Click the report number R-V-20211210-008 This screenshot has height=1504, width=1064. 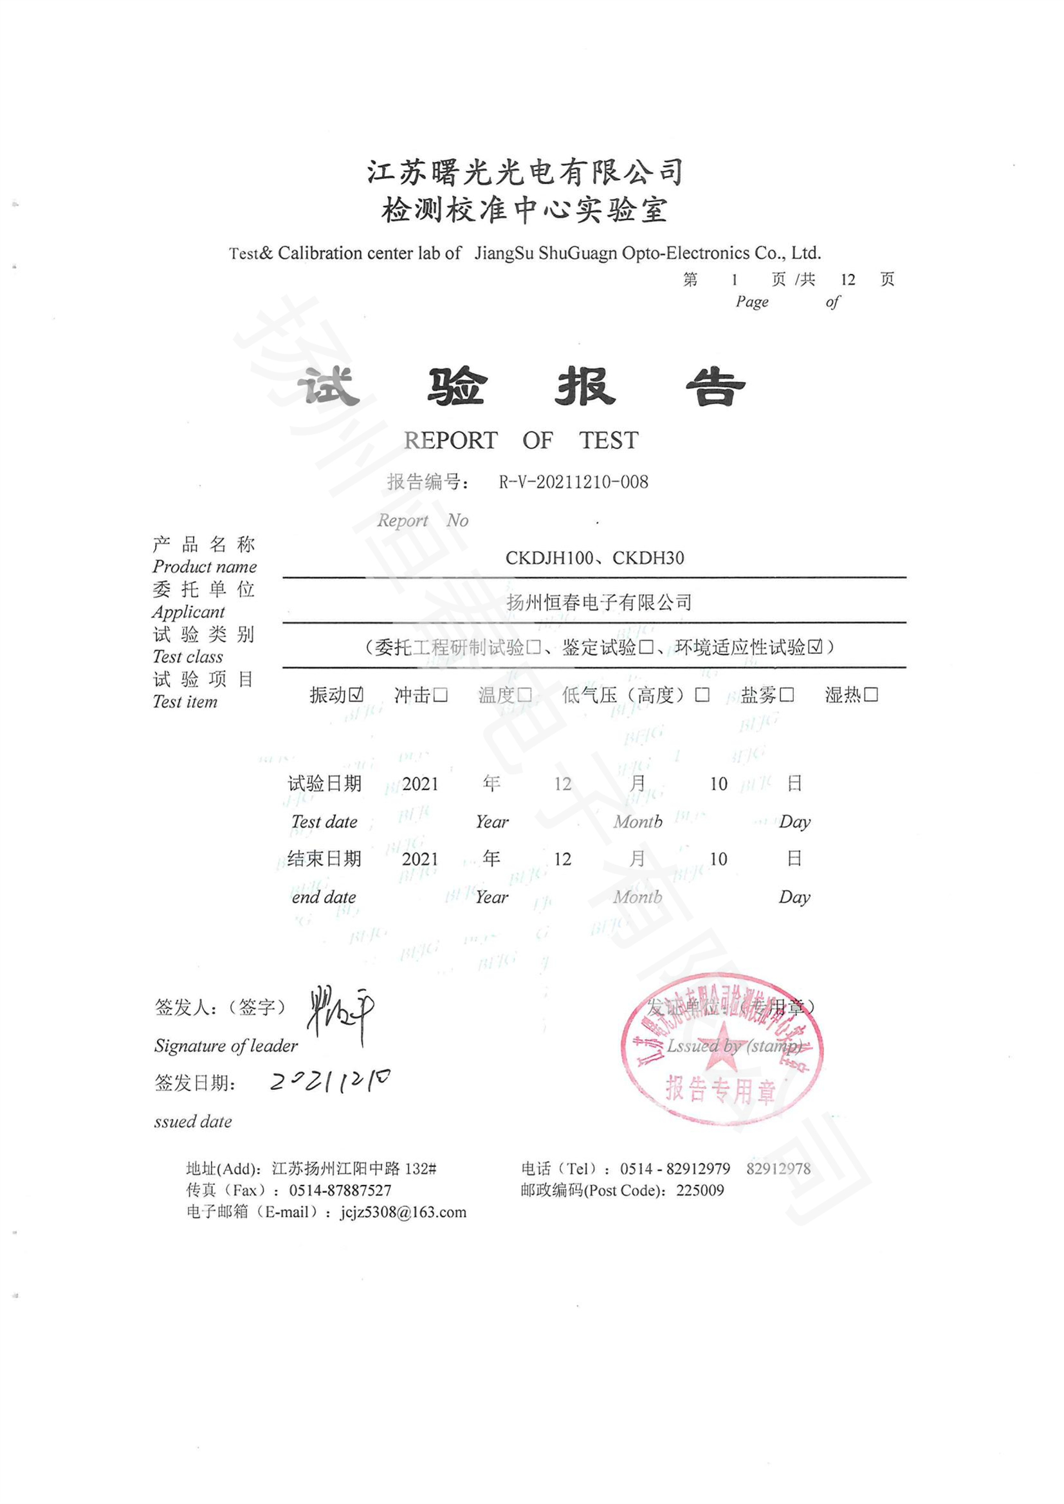tap(573, 482)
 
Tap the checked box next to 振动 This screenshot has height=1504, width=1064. tap(356, 694)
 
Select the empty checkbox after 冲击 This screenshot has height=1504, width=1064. tap(440, 694)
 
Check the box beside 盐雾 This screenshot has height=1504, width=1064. tap(787, 694)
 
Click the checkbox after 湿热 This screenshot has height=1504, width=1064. tap(871, 694)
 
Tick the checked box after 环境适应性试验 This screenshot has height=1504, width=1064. tap(815, 648)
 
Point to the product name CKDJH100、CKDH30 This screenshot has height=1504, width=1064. tap(594, 558)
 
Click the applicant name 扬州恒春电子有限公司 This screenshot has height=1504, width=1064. tap(599, 602)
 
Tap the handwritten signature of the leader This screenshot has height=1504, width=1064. tap(340, 1011)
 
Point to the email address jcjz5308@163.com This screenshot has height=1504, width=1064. tap(403, 1212)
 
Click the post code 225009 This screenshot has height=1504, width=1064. tap(700, 1190)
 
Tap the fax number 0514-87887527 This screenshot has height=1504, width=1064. tap(340, 1190)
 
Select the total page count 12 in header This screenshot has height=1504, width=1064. tap(848, 280)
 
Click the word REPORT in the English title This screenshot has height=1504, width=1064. tap(451, 440)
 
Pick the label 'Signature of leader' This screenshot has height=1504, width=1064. tap(225, 1046)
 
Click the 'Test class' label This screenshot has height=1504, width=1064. tap(187, 657)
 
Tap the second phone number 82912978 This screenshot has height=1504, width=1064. tap(778, 1168)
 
